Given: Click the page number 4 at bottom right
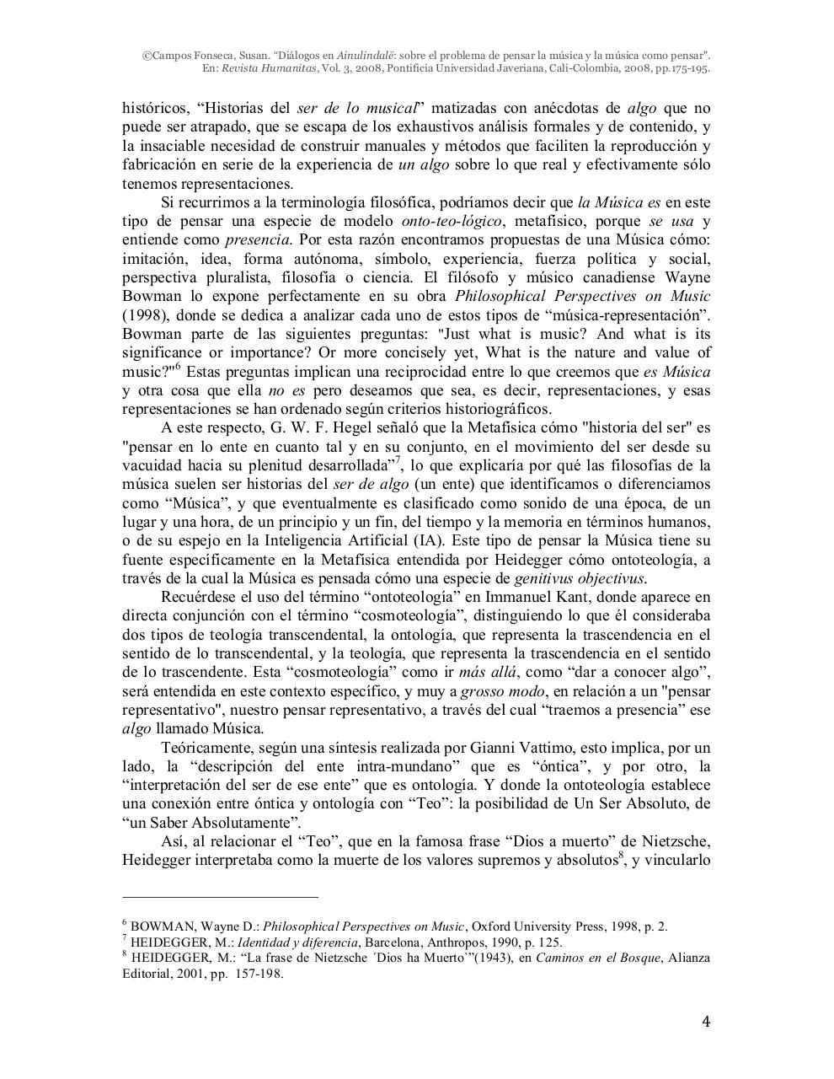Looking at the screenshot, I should pos(706,1023).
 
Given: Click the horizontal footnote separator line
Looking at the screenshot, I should pos(220,898).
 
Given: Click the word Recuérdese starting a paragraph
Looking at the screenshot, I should pos(200,597).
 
